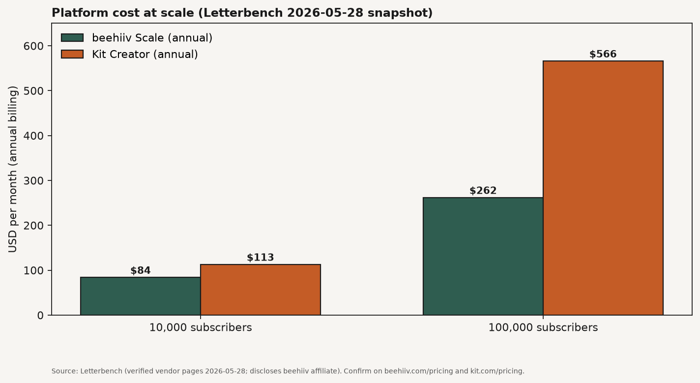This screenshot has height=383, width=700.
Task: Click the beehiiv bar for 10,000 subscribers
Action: [x=140, y=296]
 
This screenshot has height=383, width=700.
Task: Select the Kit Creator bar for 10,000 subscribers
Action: [x=261, y=290]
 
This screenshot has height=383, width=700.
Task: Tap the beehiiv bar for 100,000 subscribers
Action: [x=483, y=256]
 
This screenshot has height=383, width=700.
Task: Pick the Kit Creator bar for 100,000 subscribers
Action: [x=603, y=188]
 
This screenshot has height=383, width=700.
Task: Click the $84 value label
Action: [x=140, y=270]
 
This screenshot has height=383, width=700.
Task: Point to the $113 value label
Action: [x=261, y=257]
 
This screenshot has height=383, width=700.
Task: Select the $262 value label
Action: [x=483, y=190]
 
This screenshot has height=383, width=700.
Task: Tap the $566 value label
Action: [x=603, y=54]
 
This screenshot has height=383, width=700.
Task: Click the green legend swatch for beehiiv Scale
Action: [x=72, y=38]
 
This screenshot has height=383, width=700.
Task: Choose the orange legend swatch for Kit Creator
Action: [x=72, y=54]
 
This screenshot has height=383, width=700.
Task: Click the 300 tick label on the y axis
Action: [x=33, y=181]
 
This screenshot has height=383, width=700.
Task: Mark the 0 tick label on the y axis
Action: [x=40, y=316]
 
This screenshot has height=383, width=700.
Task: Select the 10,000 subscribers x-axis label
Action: [x=201, y=327]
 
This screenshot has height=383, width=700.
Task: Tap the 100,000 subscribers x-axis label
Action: [x=543, y=327]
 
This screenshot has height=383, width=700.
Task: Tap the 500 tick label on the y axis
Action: [x=33, y=90]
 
